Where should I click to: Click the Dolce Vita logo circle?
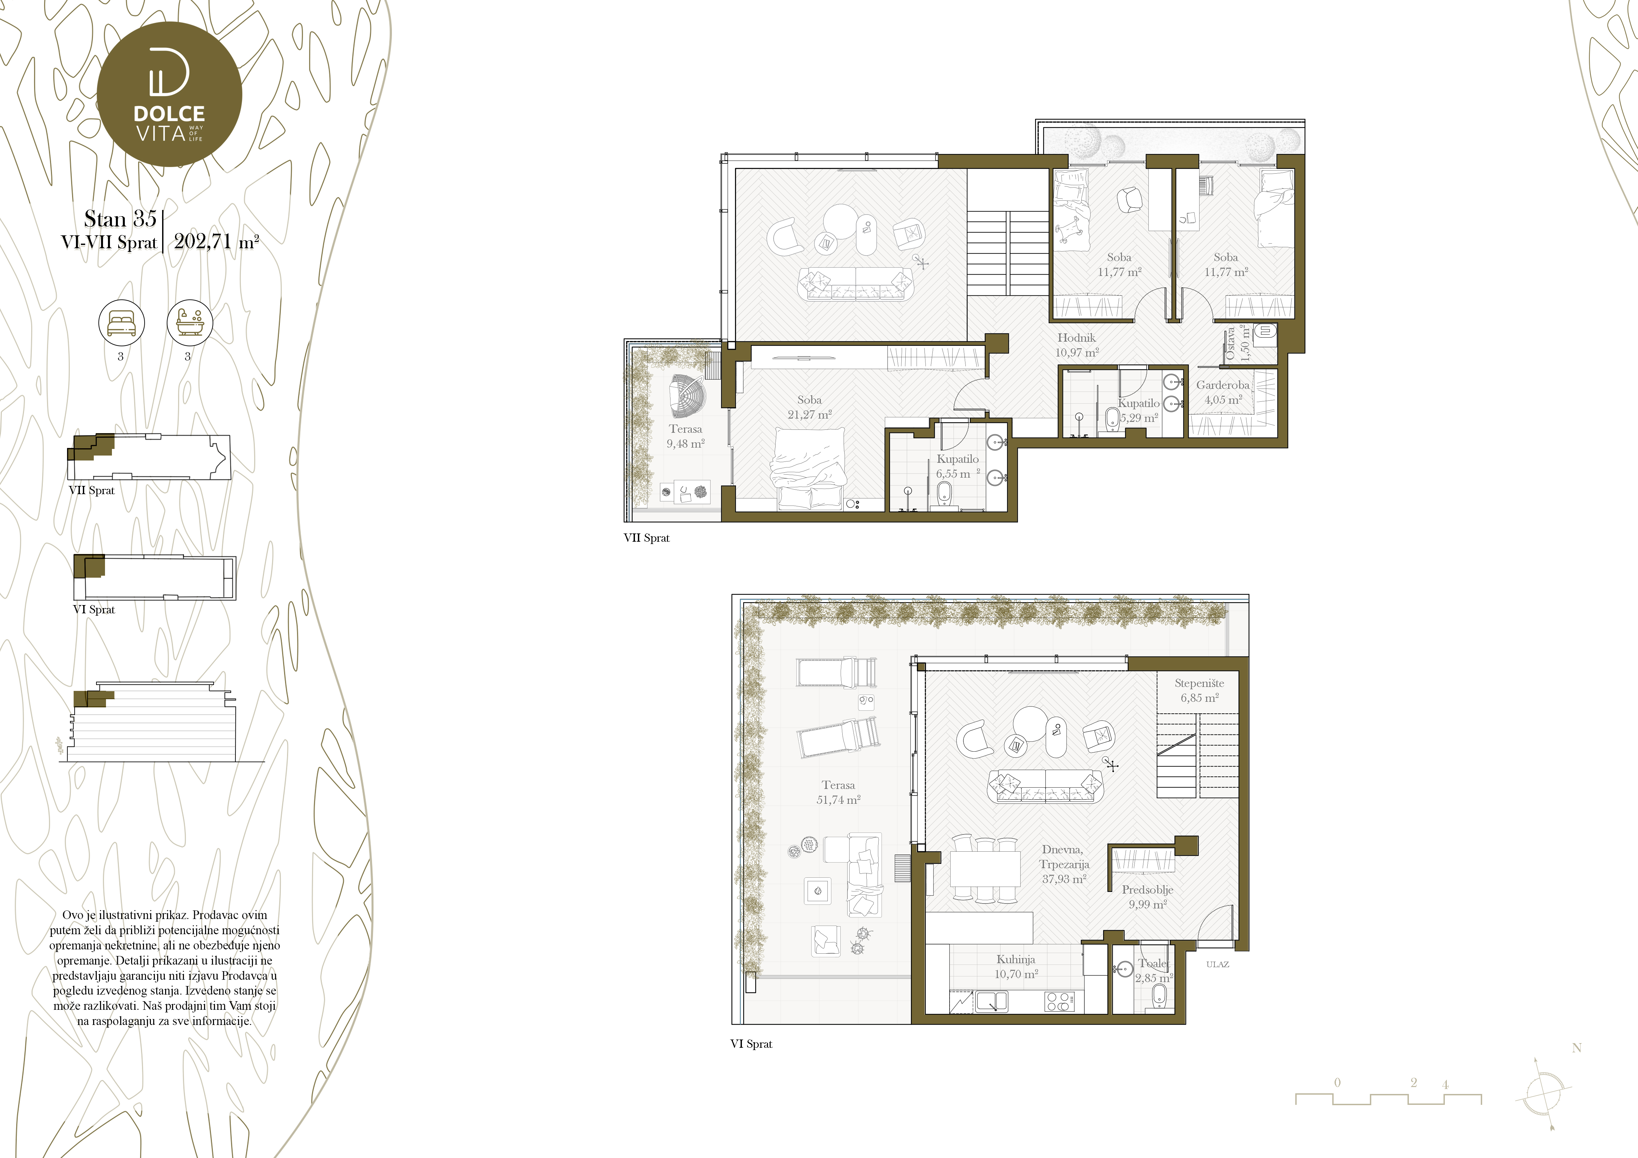[169, 94]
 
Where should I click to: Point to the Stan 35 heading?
[120, 218]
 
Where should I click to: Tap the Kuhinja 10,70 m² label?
[1016, 966]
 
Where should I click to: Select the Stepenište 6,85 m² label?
[1199, 690]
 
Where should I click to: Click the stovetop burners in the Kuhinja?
[1058, 1002]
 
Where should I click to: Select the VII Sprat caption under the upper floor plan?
[646, 538]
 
